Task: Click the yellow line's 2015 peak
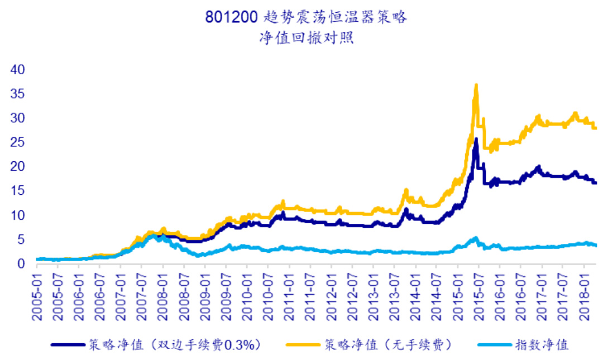click(x=476, y=85)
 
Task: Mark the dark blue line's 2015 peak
click(x=476, y=139)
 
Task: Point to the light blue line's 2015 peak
click(x=475, y=238)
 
